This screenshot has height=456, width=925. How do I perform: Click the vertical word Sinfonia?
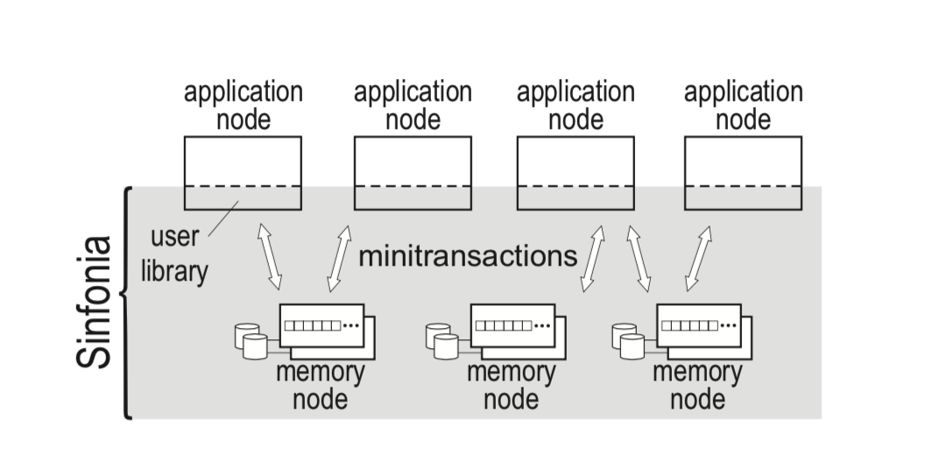click(94, 302)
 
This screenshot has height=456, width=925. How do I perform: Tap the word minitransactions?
click(468, 256)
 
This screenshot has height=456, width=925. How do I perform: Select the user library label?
click(174, 254)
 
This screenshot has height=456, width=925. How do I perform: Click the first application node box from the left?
click(243, 173)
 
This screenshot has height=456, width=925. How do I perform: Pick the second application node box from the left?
click(413, 173)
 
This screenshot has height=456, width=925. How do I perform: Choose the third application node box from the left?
click(575, 173)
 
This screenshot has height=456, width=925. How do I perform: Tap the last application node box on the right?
click(744, 173)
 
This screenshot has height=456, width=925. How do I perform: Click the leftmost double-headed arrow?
click(270, 257)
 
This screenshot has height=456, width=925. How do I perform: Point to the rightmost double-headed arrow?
click(699, 258)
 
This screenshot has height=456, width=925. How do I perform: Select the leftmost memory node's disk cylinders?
click(251, 341)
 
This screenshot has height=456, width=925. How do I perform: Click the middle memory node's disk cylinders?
click(441, 341)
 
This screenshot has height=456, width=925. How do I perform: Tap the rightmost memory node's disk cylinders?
click(628, 341)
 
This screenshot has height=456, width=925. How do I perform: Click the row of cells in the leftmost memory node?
click(313, 325)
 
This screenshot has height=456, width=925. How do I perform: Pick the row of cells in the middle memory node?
click(504, 325)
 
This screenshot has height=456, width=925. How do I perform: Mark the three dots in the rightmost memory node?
click(729, 325)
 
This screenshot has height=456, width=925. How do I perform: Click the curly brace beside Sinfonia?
click(126, 303)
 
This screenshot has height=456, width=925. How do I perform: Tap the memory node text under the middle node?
click(512, 386)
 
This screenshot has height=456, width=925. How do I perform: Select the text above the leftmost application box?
click(243, 105)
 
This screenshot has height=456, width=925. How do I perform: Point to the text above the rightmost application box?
click(744, 105)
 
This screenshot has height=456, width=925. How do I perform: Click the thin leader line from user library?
click(223, 218)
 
